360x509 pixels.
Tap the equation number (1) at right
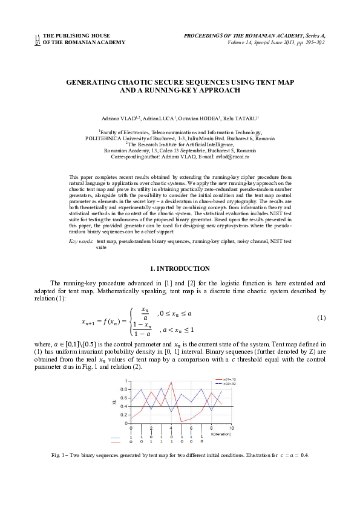(321, 318)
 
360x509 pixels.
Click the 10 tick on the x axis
(231, 427)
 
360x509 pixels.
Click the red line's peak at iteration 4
(172, 382)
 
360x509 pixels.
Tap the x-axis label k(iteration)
(221, 433)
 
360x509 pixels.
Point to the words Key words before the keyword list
(81, 241)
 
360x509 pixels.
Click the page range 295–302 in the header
(313, 42)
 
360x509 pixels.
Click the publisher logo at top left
(38, 39)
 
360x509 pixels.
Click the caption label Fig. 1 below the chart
(59, 455)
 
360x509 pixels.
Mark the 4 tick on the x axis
(171, 427)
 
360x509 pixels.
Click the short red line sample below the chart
(116, 442)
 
